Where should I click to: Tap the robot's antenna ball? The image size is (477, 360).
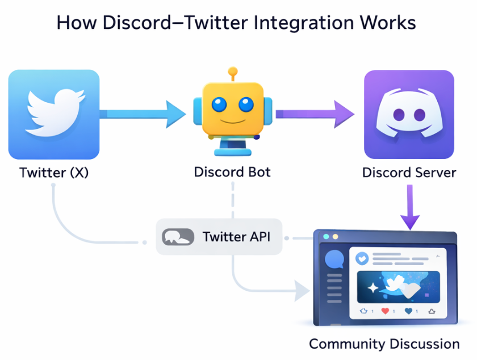pyautogui.click(x=232, y=72)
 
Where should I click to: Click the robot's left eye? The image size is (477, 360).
pyautogui.click(x=219, y=104)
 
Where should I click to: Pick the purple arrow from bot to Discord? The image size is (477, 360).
pyautogui.click(x=315, y=114)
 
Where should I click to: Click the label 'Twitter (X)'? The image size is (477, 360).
pyautogui.click(x=54, y=173)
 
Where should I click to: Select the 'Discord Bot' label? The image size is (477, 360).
pyautogui.click(x=232, y=171)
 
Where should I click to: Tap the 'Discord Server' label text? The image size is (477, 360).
pyautogui.click(x=409, y=173)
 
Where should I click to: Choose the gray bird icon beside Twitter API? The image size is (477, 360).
pyautogui.click(x=178, y=237)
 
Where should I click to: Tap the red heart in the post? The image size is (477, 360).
pyautogui.click(x=385, y=311)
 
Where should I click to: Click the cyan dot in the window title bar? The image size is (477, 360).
pyautogui.click(x=325, y=236)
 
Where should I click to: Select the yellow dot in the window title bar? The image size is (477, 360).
pyautogui.click(x=335, y=236)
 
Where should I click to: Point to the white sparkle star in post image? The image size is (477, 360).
pyautogui.click(x=372, y=288)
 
